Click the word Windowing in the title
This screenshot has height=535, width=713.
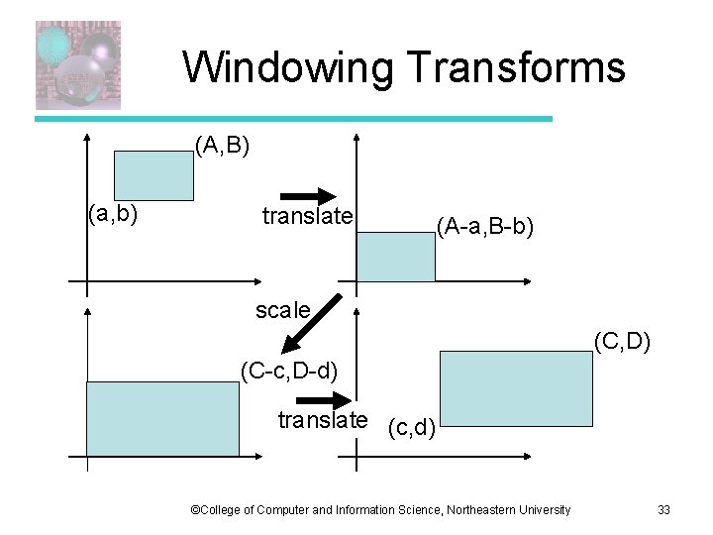coord(287,67)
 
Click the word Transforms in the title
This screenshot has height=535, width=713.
coord(514,67)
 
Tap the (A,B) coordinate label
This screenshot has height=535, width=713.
coord(222,148)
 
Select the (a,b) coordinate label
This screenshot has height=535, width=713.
coord(112,212)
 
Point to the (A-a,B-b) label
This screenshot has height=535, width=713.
coord(485,228)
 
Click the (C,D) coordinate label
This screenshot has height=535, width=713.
coord(622,342)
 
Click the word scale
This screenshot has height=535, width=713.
coord(282,310)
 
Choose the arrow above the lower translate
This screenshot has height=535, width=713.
coord(318,399)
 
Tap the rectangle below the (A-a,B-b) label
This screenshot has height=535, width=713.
coord(395,256)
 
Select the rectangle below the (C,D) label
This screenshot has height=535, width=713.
coord(515,388)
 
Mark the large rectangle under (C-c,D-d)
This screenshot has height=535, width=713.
coord(162,418)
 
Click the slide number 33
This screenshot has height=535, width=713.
coord(663,510)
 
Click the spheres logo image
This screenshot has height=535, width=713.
coord(78,64)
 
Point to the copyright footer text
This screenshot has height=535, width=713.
coord(380,510)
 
